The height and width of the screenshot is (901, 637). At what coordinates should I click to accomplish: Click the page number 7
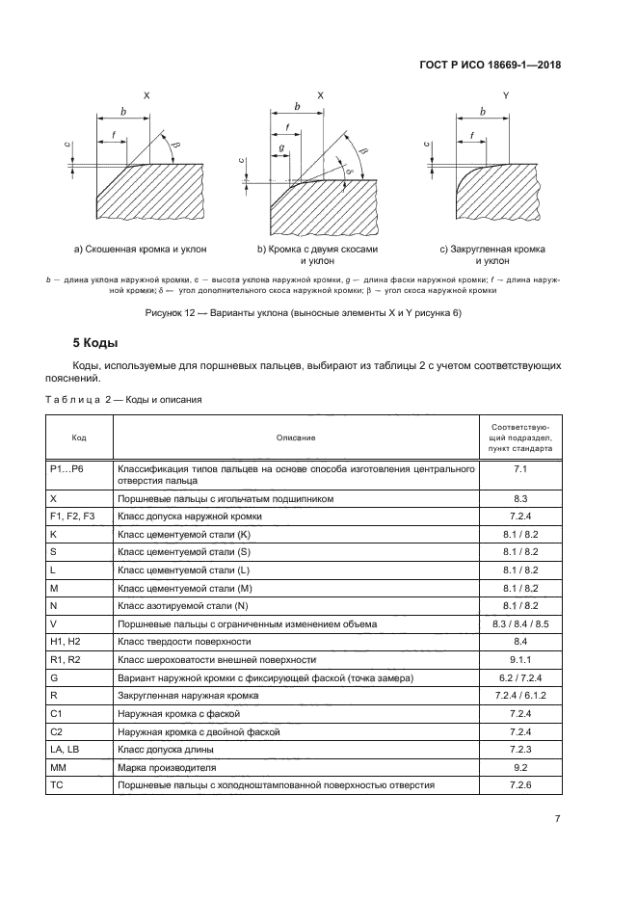[x=557, y=819]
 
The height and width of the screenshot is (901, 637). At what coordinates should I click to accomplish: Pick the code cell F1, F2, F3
[x=71, y=517]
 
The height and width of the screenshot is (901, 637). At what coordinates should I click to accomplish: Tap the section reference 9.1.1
[x=520, y=659]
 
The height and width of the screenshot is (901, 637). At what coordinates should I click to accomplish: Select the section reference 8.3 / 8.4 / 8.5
[x=520, y=623]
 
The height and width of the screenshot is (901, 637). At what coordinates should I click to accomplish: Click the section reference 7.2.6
[x=520, y=785]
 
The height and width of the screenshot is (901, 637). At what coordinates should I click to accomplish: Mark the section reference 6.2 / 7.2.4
[x=520, y=677]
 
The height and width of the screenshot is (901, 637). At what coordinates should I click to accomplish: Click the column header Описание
[x=296, y=437]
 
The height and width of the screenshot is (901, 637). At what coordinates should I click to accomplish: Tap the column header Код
[x=79, y=437]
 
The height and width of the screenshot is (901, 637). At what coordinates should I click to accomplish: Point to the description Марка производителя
[x=170, y=768]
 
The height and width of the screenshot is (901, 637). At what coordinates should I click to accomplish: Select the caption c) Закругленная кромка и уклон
[x=492, y=255]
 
